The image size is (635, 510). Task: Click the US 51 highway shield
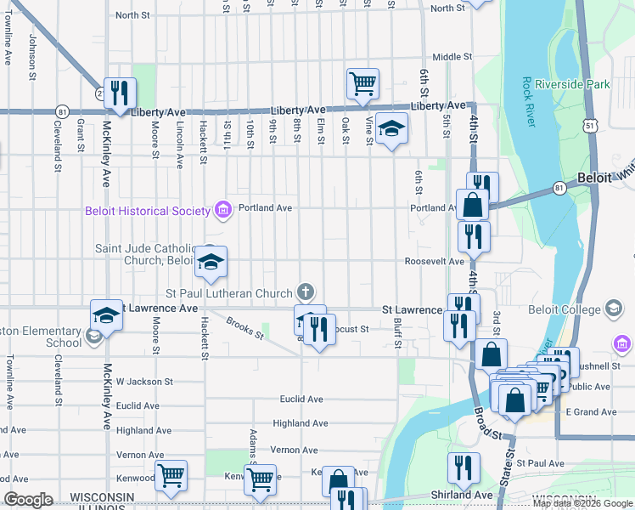tap(592, 125)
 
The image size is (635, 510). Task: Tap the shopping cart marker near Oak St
tap(362, 84)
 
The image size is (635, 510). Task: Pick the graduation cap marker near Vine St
tap(391, 129)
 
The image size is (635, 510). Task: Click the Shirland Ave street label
tap(461, 495)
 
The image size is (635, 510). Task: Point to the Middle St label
tap(452, 57)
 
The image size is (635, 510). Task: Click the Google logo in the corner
tap(28, 500)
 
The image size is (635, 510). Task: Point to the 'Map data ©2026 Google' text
tap(582, 503)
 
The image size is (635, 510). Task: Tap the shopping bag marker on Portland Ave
tap(472, 205)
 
